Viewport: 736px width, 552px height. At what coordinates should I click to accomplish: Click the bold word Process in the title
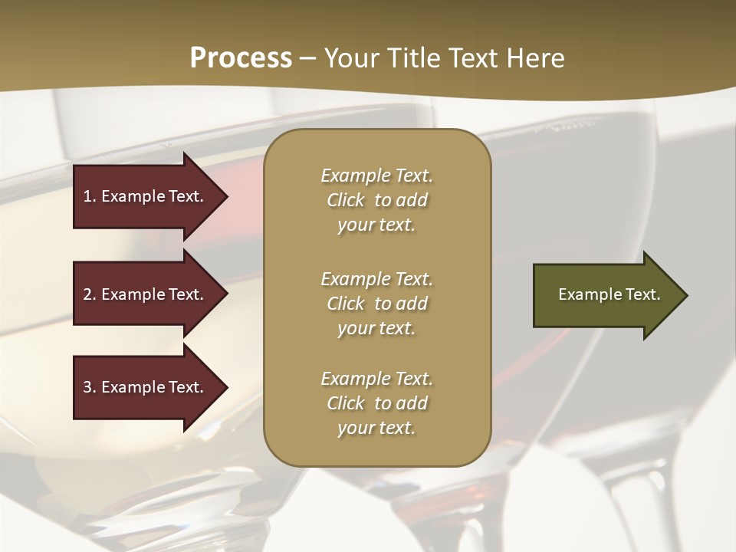tap(241, 58)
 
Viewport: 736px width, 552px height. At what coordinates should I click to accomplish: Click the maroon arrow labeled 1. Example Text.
tap(146, 196)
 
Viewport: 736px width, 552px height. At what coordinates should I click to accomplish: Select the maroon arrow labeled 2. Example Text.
tap(146, 294)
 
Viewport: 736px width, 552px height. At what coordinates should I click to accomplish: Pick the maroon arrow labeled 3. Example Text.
tap(146, 387)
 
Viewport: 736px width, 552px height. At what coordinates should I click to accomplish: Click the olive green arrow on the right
tap(606, 295)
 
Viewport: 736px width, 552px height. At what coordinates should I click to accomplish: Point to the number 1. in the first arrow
tap(90, 196)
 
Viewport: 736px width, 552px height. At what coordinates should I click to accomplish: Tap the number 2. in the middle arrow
tap(90, 294)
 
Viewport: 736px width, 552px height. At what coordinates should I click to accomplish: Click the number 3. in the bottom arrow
tap(90, 387)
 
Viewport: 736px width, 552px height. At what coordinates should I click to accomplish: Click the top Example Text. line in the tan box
tap(376, 176)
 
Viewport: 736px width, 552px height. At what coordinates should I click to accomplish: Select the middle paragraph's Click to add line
tap(376, 304)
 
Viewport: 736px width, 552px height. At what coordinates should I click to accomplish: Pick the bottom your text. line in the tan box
tap(376, 428)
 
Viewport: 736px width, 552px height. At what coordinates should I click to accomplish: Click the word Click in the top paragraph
tap(345, 200)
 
